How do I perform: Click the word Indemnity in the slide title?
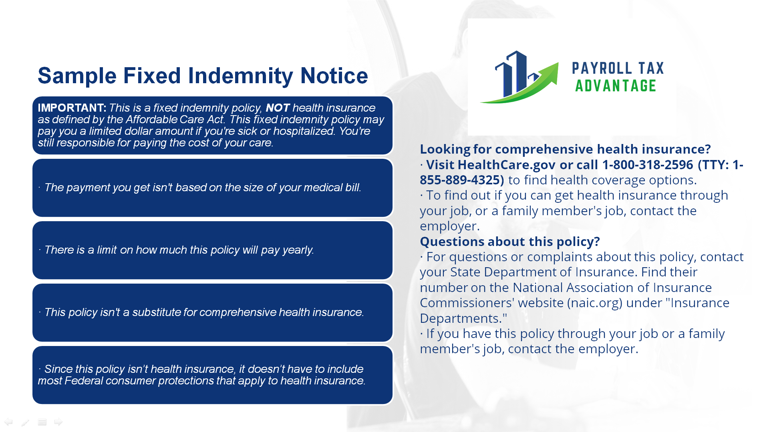coord(240,76)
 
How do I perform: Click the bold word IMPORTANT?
coord(72,108)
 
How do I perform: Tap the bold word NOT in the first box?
coord(278,108)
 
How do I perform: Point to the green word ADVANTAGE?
coord(616,86)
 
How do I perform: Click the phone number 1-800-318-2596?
coord(648,164)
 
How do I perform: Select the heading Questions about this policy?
coord(510,241)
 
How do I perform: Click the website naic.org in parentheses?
coord(595,303)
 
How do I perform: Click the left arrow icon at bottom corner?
coord(8,422)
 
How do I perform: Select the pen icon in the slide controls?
coord(25,422)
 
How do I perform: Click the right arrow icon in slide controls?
coord(58,422)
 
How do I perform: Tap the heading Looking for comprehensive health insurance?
coord(565,149)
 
